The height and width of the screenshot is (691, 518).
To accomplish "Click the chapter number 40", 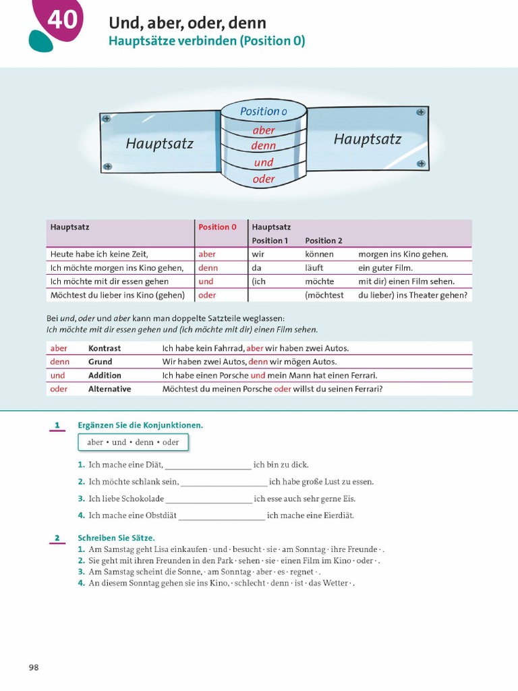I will pos(62,20).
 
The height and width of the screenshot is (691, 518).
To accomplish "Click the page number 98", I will pos(34,667).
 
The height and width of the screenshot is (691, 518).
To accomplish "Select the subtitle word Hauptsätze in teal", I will pos(137,41).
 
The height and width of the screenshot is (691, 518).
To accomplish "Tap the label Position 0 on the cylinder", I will pos(263,111).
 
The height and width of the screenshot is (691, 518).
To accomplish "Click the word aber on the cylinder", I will pos(264,130).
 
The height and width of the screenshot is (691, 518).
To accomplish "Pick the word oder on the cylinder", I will pos(264,179).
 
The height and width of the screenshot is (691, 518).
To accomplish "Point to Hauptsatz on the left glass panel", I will pos(159,144).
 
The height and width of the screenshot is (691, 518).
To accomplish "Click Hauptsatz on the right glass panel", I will pos(367,140).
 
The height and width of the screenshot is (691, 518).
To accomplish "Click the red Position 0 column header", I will pos(217,227).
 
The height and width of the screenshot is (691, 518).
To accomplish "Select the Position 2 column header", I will pos(324,241).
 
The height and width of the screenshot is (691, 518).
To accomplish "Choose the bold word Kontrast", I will pos(105,348).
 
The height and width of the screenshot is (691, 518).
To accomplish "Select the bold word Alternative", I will pos(109,389).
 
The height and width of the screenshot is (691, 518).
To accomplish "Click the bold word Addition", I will pos(105,375).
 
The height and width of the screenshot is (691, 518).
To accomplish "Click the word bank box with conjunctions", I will pos(133,443).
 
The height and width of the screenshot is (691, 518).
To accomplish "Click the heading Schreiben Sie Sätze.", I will pos(116,538).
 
